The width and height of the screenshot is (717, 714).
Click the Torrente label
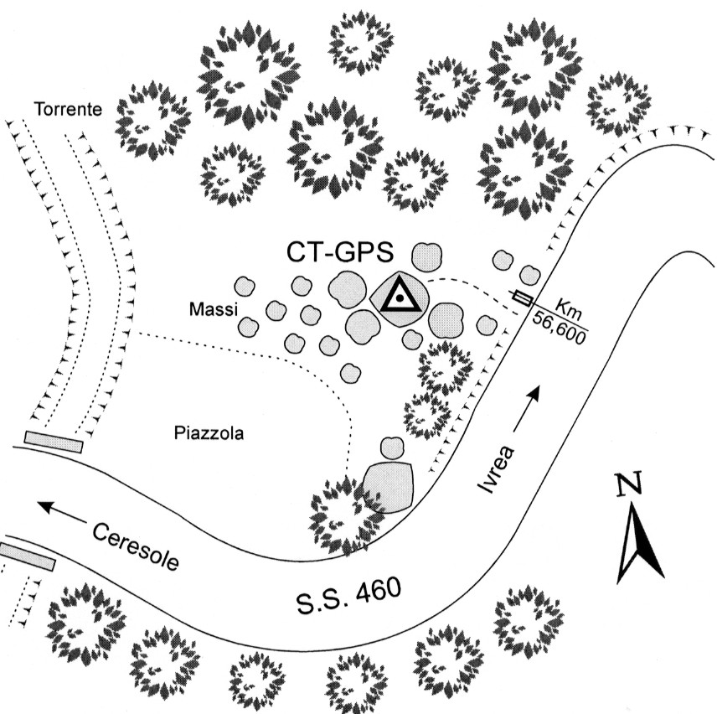coord(67,108)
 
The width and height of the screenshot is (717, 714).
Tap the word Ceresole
coord(137,546)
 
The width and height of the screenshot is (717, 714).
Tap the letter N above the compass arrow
coord(626,488)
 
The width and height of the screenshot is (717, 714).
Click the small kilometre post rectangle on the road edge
coord(523,297)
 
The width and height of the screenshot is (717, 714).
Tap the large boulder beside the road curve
coord(389,485)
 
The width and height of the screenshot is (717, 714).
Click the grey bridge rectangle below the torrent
coord(54,442)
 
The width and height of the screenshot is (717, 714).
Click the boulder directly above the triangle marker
coord(428,253)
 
